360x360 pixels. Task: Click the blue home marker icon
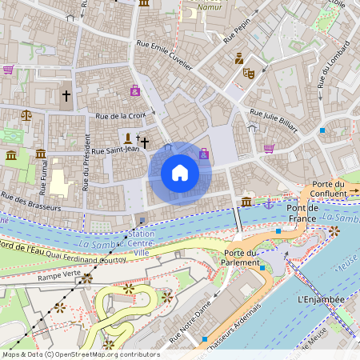(x=180, y=173)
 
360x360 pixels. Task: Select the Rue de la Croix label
(x=121, y=116)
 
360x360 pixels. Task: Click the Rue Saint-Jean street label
(x=115, y=149)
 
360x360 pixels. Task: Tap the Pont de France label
(x=302, y=213)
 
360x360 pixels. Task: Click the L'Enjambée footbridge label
(x=319, y=299)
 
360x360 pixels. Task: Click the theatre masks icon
(x=249, y=73)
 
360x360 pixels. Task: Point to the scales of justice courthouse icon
(x=26, y=115)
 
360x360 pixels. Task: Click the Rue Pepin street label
(x=238, y=30)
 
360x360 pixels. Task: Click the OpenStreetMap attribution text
(x=81, y=354)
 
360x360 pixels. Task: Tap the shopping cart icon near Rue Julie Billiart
(x=269, y=148)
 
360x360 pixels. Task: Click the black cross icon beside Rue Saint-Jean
(x=145, y=142)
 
